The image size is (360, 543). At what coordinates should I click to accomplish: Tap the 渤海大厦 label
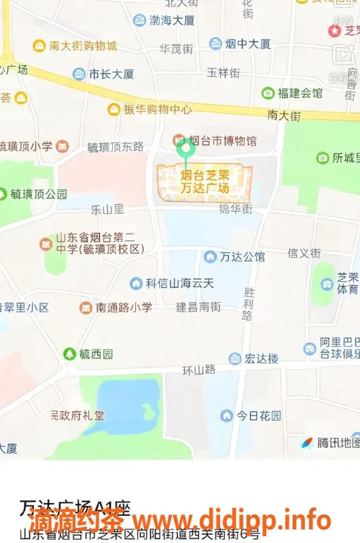(x=172, y=20)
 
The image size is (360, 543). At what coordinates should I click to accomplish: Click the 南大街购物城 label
(x=83, y=45)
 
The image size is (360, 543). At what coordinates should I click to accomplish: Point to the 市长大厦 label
(x=111, y=74)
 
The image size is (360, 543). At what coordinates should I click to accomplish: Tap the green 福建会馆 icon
(x=268, y=93)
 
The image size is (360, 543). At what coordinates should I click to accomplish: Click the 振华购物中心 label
(x=157, y=109)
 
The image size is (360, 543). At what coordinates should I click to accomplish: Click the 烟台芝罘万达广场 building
(x=205, y=182)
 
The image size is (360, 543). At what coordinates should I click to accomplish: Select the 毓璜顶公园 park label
(x=39, y=194)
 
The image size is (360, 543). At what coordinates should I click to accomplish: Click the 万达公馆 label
(x=242, y=257)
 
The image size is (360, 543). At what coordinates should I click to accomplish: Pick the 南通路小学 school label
(x=124, y=307)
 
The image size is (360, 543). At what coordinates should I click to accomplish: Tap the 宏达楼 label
(x=261, y=358)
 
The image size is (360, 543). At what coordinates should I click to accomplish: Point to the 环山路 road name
(x=199, y=370)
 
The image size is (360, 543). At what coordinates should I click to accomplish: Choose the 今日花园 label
(x=258, y=415)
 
